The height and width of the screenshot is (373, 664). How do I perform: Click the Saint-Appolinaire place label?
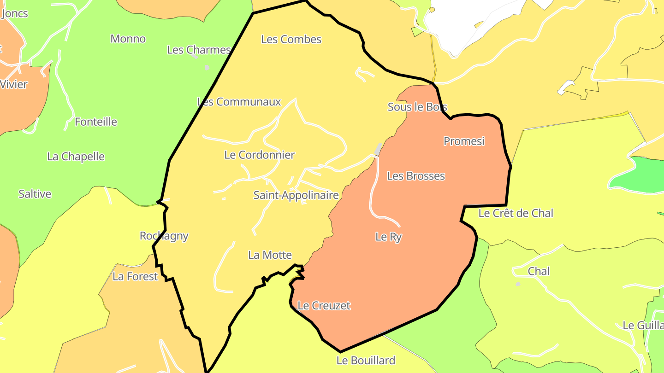(296, 195)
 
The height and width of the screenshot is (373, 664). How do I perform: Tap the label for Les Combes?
(291, 40)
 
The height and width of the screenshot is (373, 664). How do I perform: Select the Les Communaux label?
(239, 102)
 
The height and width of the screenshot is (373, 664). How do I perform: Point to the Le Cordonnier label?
(259, 155)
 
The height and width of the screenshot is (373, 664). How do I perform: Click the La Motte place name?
(270, 255)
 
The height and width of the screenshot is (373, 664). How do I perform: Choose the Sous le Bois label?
(417, 107)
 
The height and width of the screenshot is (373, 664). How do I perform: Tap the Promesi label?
(464, 141)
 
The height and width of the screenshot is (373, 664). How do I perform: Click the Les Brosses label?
(415, 176)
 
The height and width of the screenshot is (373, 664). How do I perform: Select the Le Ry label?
(388, 237)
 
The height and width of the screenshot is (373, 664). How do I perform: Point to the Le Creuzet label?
(324, 306)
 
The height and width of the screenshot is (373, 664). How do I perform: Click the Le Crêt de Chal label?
(516, 213)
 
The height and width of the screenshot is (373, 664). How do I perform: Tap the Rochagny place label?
(164, 236)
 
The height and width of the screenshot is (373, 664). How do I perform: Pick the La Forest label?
(135, 277)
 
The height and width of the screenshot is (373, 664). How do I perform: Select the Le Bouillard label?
(366, 361)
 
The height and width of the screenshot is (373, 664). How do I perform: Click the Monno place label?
(128, 39)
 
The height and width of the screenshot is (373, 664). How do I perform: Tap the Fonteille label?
(96, 122)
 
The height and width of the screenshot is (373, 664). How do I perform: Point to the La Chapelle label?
(76, 157)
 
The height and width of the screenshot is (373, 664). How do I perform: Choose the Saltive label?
(35, 194)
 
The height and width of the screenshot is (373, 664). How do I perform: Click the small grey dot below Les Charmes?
(207, 68)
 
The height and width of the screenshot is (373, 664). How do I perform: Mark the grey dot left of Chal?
(518, 284)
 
